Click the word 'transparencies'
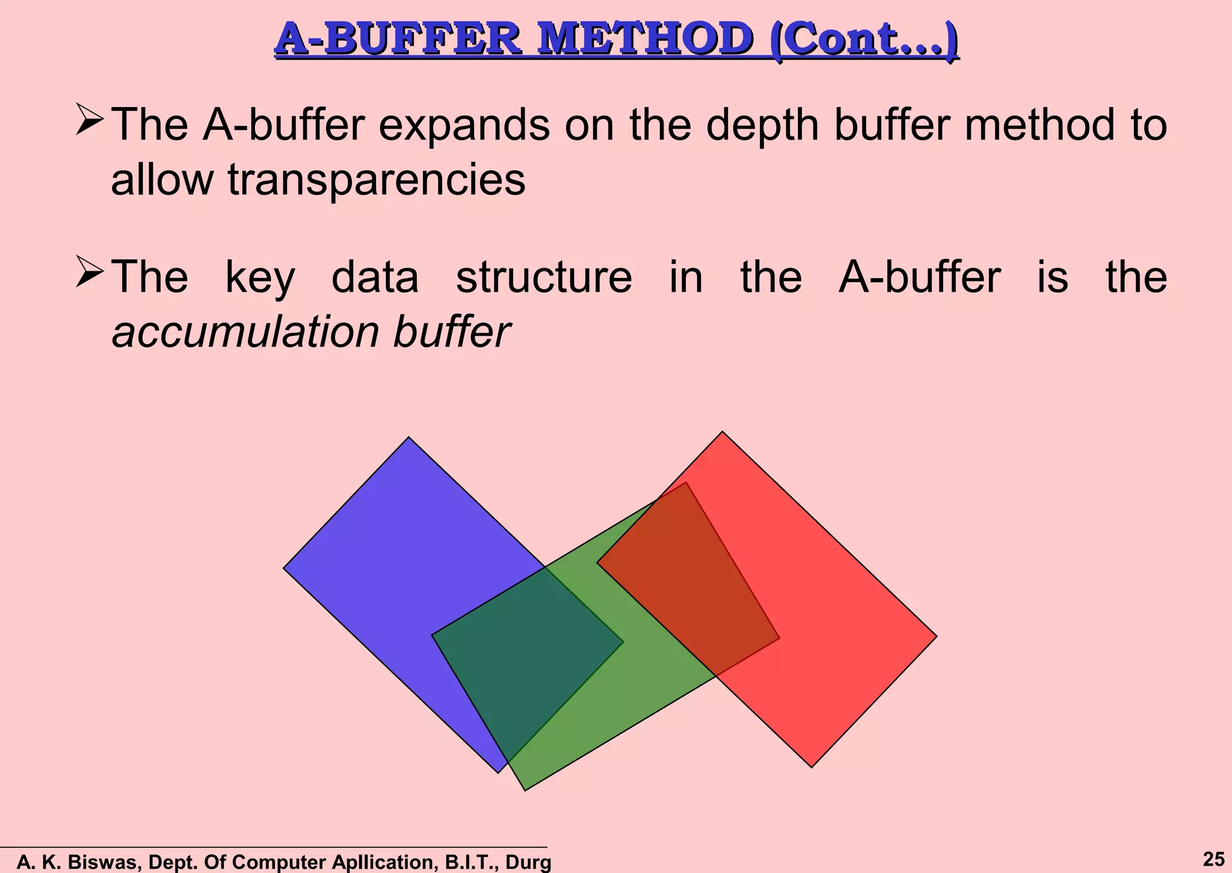coord(377,180)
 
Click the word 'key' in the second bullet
coord(260,278)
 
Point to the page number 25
coord(1213,859)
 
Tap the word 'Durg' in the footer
coord(528,862)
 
